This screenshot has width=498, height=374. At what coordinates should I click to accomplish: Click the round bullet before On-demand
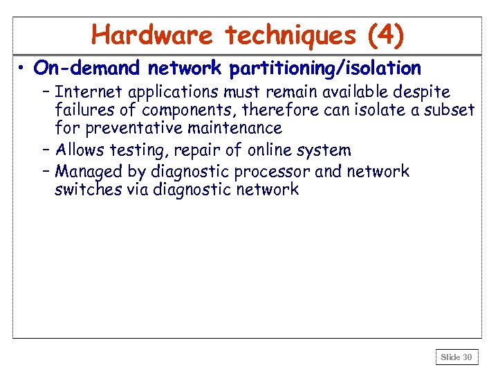tap(23, 69)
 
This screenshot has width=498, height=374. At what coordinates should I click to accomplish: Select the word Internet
tap(84, 92)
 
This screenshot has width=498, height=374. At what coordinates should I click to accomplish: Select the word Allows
tap(81, 150)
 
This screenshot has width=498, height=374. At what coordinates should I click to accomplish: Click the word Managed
tap(86, 172)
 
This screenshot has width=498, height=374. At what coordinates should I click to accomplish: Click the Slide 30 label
tap(456, 357)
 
